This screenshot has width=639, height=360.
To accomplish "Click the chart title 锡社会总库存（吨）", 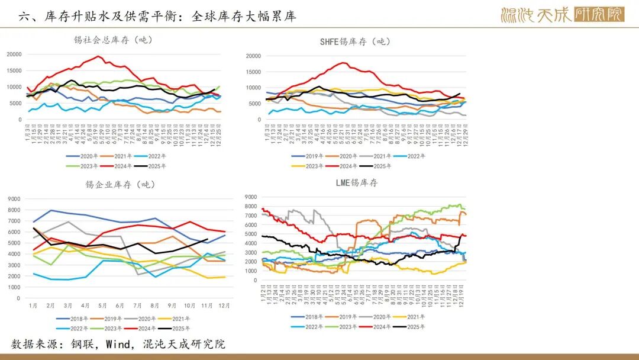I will pos(113,40).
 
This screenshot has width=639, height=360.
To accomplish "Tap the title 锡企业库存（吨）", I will pos(120,184).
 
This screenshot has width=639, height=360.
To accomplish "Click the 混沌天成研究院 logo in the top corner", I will pos(561,15).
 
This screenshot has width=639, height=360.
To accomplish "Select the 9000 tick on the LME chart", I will pos(250,197).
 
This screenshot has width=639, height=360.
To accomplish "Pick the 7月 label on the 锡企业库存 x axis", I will pos(138,305).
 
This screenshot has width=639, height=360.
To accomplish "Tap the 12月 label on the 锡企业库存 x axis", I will pos(224,305).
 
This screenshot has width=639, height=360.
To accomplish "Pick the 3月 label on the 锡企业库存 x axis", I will pos(68,305).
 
